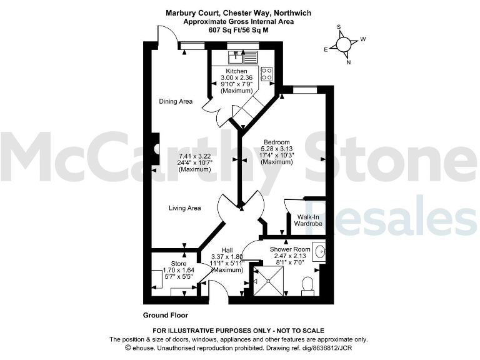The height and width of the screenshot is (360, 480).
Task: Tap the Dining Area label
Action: point(175,101)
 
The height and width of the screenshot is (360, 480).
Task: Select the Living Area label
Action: point(184,208)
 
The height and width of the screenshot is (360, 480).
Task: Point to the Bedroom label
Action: point(276,141)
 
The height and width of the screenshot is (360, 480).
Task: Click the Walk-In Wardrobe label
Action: point(305,220)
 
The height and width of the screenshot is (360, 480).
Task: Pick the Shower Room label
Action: point(290,249)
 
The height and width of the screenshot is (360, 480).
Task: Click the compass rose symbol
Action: point(343,44)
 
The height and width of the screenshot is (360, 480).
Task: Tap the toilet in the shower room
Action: point(307,286)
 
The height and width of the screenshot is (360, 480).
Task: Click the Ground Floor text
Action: point(166,316)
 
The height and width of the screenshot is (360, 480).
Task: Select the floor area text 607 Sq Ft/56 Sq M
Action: point(237,29)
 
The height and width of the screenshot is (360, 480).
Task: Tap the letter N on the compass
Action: point(349,62)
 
